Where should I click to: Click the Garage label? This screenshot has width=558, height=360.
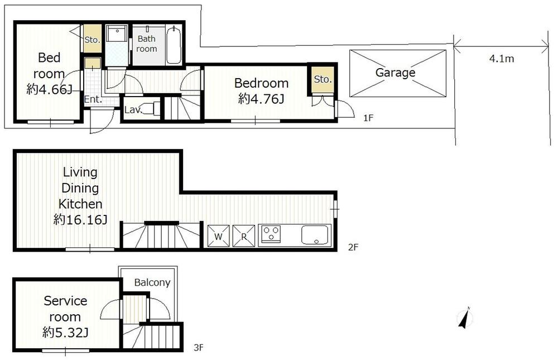click(395, 73)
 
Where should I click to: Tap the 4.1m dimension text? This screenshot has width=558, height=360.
click(501, 59)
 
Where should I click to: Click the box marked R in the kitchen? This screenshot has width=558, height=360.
click(243, 236)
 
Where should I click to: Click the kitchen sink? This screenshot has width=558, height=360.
click(316, 235)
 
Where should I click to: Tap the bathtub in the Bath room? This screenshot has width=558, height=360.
click(174, 44)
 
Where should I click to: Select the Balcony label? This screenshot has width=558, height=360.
click(152, 282)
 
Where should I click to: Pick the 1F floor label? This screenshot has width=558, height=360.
click(368, 118)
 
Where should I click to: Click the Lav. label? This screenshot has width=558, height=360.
click(132, 110)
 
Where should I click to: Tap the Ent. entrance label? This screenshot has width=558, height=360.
click(92, 99)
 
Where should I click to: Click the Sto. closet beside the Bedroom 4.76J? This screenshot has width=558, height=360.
click(322, 79)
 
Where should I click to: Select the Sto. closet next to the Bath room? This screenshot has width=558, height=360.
click(92, 39)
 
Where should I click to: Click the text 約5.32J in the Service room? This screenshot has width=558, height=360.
click(66, 333)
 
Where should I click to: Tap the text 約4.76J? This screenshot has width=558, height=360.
click(261, 99)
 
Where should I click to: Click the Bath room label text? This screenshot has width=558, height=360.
click(147, 44)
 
